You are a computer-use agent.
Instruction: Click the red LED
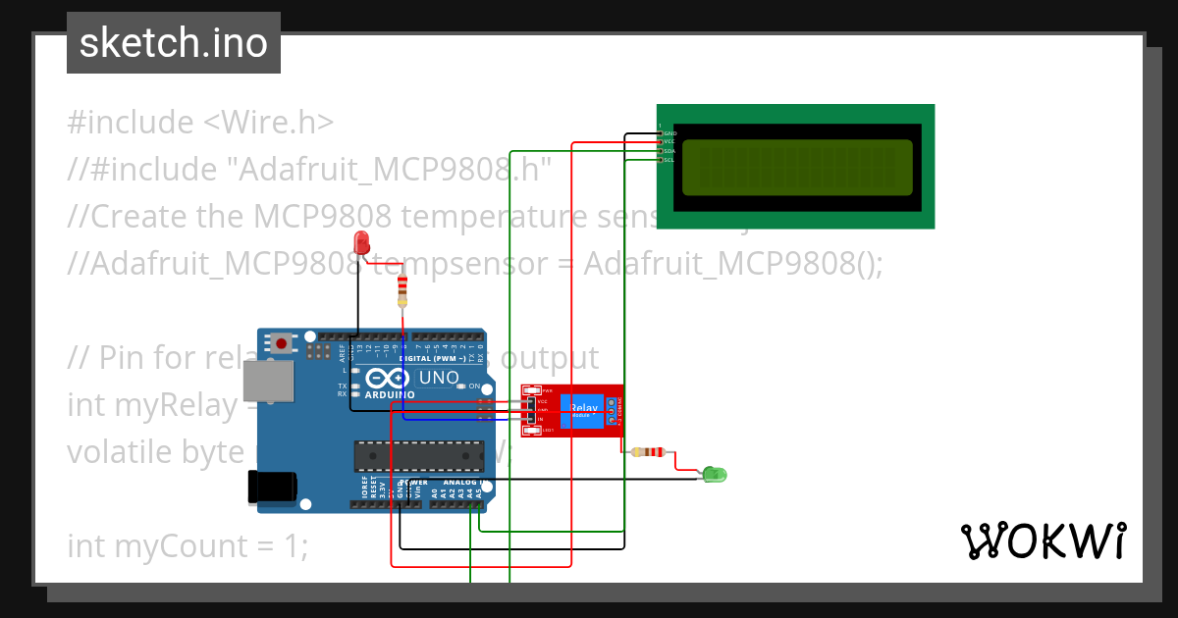(x=361, y=242)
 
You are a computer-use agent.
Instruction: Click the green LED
(x=714, y=475)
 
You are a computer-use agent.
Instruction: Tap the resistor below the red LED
(x=402, y=290)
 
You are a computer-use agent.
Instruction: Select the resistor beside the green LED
(x=650, y=452)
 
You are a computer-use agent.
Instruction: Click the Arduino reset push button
(x=283, y=343)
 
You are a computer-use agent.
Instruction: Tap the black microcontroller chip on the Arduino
(x=418, y=455)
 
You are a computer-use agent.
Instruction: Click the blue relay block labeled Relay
(x=583, y=409)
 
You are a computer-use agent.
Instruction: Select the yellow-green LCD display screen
(x=796, y=167)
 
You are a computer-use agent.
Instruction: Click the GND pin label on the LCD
(x=669, y=132)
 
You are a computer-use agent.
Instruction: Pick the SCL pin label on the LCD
(x=669, y=160)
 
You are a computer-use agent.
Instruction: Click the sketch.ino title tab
(x=174, y=43)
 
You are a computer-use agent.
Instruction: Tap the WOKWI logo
(x=1043, y=541)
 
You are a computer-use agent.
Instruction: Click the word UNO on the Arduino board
(x=439, y=378)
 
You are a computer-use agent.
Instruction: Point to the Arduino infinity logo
(x=388, y=379)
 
